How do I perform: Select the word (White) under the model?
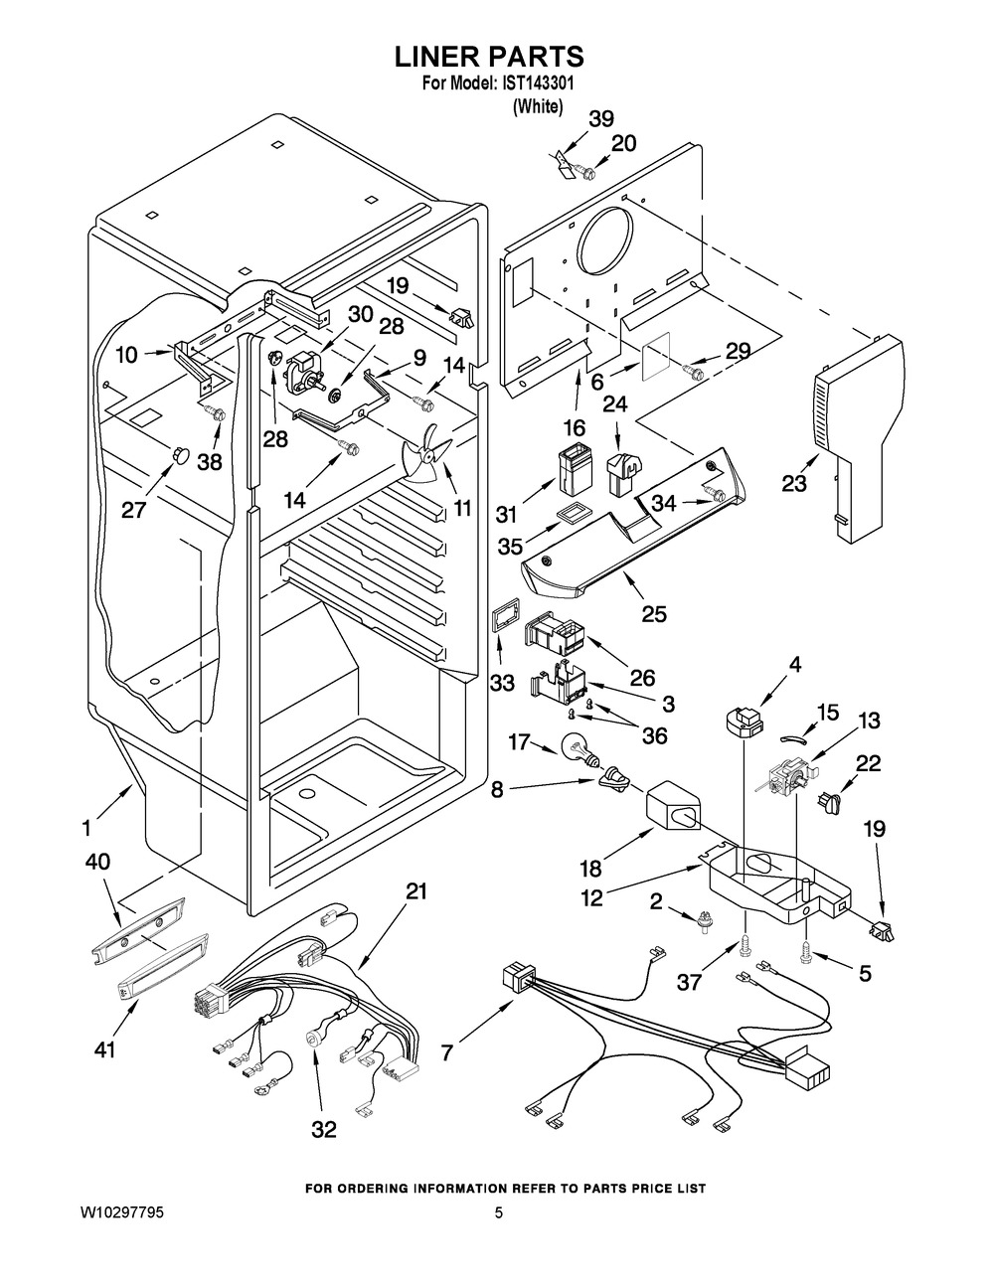pos(538,106)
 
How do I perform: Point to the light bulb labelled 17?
pos(578,745)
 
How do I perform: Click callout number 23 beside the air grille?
pos(794,483)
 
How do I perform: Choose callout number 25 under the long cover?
pos(653,613)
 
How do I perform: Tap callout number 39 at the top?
pos(601,119)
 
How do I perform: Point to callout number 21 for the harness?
pos(415,891)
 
